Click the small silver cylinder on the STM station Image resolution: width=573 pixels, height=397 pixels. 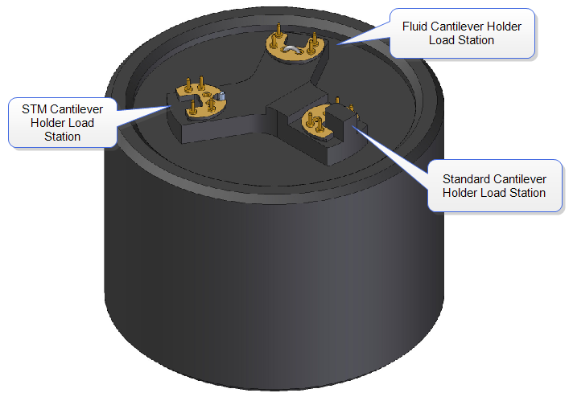(x=221, y=97)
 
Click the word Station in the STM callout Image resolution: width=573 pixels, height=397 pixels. (x=62, y=137)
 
